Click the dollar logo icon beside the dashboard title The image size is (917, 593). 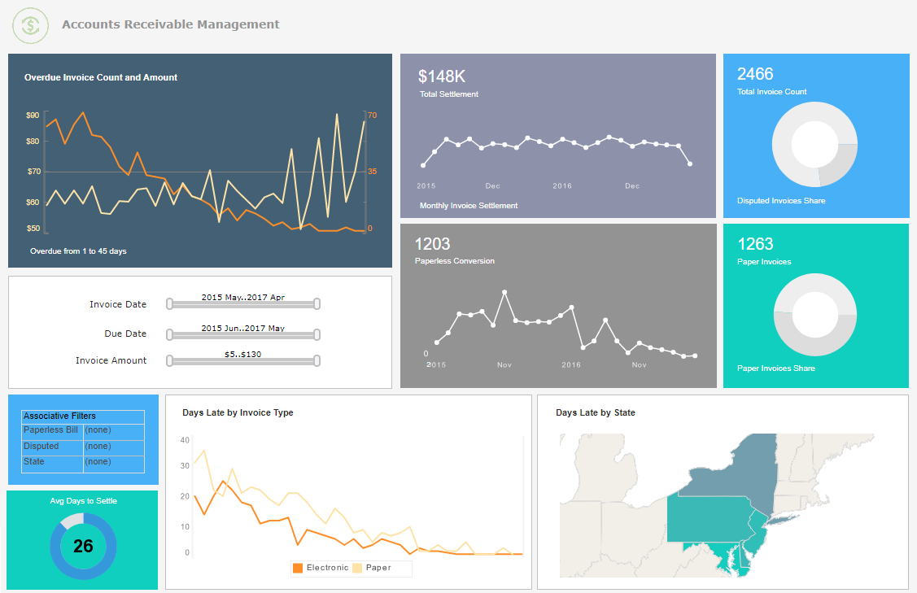31,25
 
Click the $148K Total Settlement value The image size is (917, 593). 442,76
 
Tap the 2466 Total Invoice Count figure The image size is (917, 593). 755,74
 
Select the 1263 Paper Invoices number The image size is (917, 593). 755,244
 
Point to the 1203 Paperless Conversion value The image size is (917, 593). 432,244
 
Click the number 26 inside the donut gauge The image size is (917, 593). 83,546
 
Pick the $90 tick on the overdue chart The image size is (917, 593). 33,116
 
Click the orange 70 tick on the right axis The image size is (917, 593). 372,116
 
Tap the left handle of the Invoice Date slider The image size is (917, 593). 169,304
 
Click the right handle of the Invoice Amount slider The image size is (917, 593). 317,360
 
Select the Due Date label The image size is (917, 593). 125,334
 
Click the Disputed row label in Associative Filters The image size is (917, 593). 41,446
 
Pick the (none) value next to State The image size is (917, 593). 98,461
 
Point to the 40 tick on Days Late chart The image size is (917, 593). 185,440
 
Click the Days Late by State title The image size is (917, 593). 595,412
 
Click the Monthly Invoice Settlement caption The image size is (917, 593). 468,206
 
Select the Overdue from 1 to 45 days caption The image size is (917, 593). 78,251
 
